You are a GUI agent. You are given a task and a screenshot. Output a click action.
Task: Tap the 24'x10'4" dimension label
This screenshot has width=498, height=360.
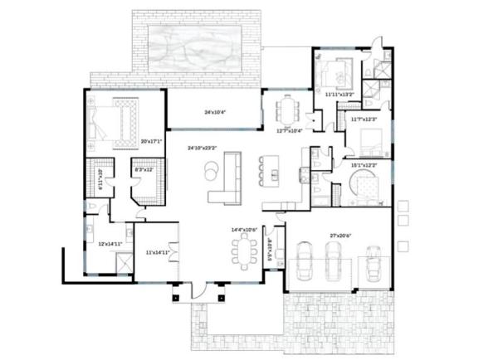tap(217, 112)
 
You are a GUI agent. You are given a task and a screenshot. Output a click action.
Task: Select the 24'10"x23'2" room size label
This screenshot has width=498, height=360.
tap(203, 148)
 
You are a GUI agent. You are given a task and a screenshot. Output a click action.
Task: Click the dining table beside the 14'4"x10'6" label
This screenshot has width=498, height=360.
tap(244, 250)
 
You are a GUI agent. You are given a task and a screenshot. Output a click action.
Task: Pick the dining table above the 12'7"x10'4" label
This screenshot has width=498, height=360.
tap(288, 109)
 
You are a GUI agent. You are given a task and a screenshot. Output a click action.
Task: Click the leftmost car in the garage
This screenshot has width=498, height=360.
tap(305, 261)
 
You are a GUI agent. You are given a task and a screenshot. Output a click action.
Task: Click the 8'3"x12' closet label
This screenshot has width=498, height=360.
tap(144, 169)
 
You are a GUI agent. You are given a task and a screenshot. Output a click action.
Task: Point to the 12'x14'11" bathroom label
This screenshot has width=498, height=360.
tap(110, 244)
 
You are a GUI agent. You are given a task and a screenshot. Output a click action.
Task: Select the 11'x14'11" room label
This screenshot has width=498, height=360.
tap(157, 251)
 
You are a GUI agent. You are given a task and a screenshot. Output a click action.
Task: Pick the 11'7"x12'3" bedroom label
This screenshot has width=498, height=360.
tap(364, 119)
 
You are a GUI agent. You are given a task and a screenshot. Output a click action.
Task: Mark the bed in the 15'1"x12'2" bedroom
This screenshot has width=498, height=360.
tap(365, 187)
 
